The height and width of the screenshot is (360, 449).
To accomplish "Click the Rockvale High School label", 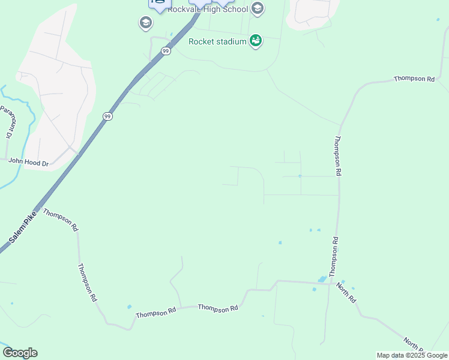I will (x=208, y=9).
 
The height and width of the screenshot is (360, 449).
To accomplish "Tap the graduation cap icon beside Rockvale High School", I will (x=258, y=8).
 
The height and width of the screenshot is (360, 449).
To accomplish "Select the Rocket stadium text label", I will (x=217, y=41).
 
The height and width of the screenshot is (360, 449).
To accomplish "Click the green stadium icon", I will (x=256, y=41).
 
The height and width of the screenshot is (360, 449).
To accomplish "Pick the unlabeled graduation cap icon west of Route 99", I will (x=145, y=23).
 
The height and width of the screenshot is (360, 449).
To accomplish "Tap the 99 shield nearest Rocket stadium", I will (x=166, y=52).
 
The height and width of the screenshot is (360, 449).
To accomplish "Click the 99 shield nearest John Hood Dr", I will (x=107, y=116).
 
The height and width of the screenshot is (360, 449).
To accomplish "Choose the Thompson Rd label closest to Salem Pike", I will (x=61, y=220).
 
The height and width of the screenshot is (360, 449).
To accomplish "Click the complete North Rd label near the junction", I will (x=346, y=292).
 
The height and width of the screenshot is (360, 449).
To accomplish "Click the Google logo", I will (x=20, y=353).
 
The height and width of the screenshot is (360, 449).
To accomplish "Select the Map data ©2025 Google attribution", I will (x=412, y=355).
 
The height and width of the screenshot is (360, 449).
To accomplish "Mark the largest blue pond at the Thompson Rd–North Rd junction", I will (x=322, y=280).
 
